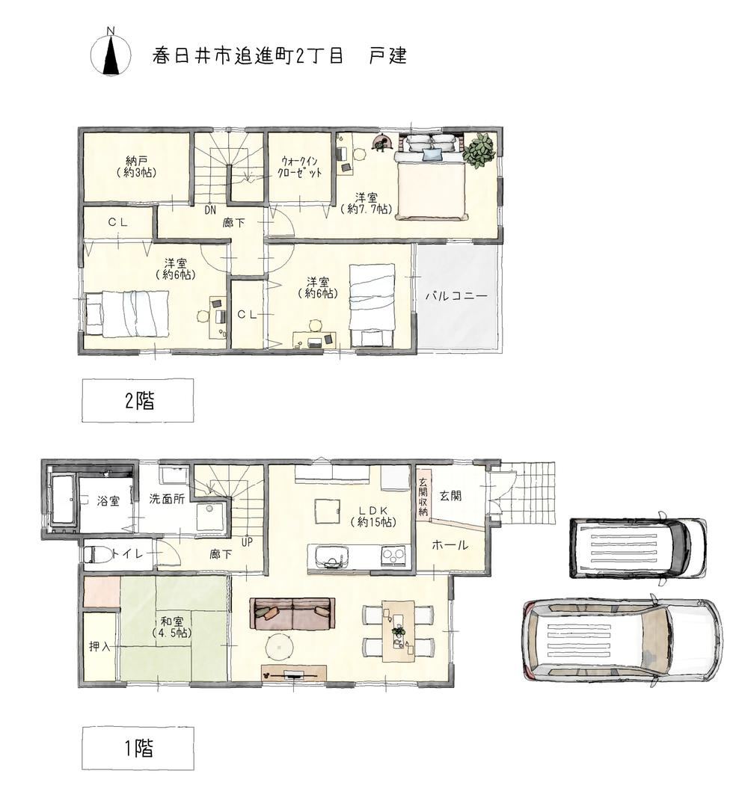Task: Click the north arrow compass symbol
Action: click(x=110, y=53)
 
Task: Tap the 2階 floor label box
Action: click(x=138, y=401)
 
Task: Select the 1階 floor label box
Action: click(x=138, y=749)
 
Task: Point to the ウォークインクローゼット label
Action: click(x=299, y=167)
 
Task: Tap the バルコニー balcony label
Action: click(x=456, y=296)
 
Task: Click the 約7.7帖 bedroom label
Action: click(x=367, y=203)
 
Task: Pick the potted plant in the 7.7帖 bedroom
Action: click(x=479, y=150)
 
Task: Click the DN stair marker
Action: click(x=210, y=210)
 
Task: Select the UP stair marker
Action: click(x=247, y=543)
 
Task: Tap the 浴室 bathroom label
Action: click(x=108, y=501)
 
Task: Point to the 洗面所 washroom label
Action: click(x=167, y=499)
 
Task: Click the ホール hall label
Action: click(x=450, y=544)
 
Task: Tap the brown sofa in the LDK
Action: click(x=292, y=613)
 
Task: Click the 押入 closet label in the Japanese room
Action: click(x=99, y=646)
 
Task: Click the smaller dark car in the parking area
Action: click(x=638, y=548)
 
